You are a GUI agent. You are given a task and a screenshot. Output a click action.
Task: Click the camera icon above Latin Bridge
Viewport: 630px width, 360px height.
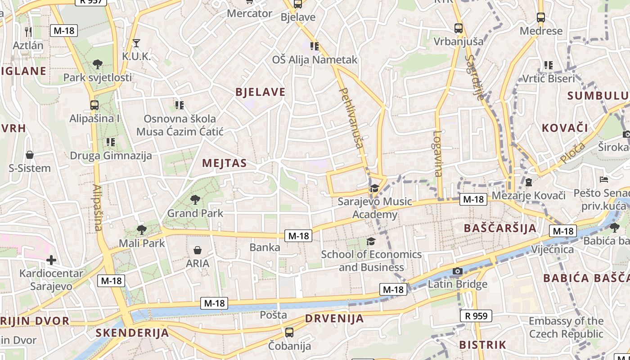point(458,271)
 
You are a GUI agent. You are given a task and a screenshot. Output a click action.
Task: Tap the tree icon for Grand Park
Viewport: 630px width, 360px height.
point(195,199)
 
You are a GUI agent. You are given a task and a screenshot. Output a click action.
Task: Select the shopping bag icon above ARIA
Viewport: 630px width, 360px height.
point(197,250)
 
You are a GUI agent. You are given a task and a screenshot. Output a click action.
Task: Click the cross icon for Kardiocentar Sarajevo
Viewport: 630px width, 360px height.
point(51,260)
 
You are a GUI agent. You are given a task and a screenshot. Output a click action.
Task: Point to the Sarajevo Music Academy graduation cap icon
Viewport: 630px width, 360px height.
point(374,189)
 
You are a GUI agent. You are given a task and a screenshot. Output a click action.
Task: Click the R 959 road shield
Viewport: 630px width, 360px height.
point(476,316)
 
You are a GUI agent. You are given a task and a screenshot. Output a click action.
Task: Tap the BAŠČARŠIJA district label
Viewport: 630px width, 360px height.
point(500,228)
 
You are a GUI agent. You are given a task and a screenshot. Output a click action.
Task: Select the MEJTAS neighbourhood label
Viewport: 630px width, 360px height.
point(225,163)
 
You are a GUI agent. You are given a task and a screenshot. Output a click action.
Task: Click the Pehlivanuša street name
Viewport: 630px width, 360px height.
point(351,118)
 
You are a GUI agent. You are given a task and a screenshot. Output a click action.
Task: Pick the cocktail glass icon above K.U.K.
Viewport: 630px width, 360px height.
point(136,43)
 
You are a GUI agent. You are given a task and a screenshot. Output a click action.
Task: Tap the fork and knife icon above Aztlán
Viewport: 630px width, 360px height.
point(28,31)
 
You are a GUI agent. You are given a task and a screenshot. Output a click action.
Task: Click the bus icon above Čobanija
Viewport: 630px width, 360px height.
point(289,333)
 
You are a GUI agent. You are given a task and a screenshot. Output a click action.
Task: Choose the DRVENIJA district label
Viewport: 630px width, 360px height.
point(334,319)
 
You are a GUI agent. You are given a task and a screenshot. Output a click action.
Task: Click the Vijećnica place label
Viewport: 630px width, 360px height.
point(553,250)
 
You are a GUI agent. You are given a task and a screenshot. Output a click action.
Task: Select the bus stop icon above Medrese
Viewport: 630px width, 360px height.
point(541,18)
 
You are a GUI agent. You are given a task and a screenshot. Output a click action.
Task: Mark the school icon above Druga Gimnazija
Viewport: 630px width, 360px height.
point(111,142)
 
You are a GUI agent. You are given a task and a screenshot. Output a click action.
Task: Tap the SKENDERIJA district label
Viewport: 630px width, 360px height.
point(132,333)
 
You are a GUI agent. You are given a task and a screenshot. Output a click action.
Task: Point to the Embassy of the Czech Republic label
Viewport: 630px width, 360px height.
point(566,328)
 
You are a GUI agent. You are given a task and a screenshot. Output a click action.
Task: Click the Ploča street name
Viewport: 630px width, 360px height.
point(572,153)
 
